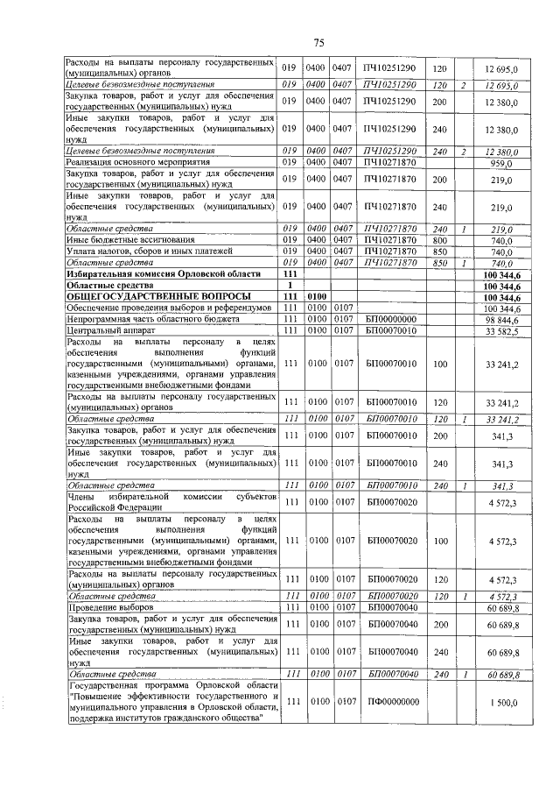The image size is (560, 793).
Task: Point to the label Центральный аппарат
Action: [101, 331]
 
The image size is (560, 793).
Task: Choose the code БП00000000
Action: [391, 320]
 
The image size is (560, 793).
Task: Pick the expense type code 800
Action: [440, 240]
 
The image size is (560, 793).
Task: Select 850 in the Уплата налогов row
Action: [440, 251]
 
